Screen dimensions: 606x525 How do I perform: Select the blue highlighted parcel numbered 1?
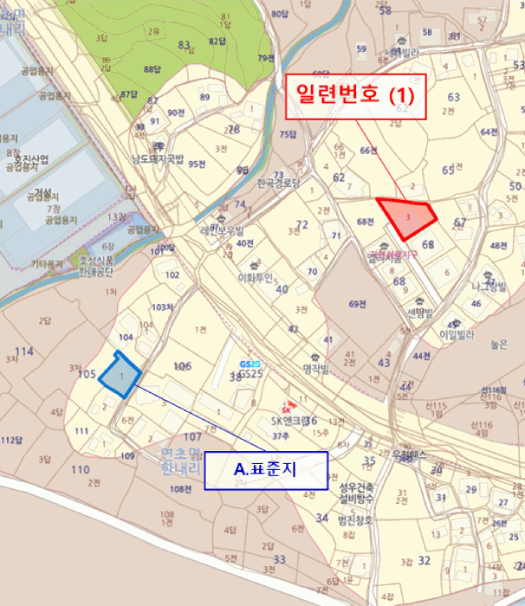[x=120, y=374]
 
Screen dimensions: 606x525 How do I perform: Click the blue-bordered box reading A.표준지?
[x=266, y=469]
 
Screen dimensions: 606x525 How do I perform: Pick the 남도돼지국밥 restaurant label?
[x=158, y=158]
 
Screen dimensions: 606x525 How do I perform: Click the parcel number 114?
[x=24, y=351]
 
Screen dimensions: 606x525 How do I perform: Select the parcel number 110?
[x=80, y=470]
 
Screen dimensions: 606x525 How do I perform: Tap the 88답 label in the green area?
[x=153, y=68]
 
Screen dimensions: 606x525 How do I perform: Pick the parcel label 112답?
[x=10, y=440]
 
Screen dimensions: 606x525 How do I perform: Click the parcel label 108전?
[x=181, y=490]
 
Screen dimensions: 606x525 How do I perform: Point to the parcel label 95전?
[x=198, y=164]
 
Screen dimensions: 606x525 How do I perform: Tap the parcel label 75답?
[x=288, y=134]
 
